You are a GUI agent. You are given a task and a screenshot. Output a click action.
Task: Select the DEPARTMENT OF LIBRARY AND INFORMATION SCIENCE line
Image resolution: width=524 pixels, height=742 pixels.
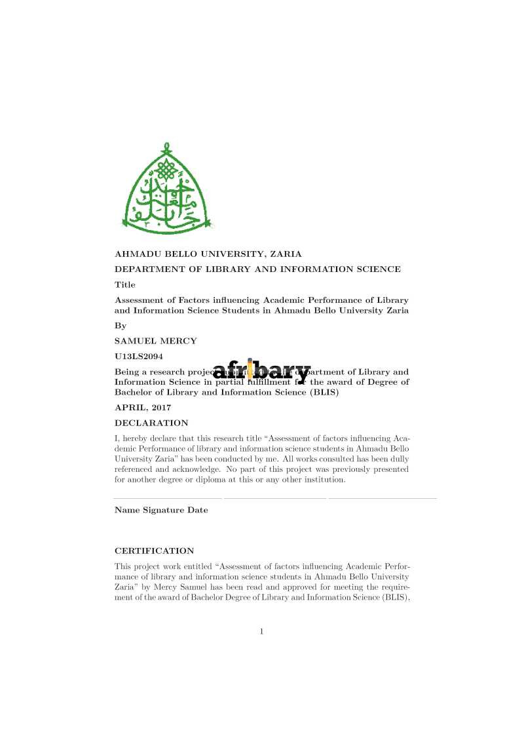pos(257,269)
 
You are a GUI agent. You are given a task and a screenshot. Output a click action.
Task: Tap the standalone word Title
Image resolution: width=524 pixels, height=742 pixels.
pos(125,285)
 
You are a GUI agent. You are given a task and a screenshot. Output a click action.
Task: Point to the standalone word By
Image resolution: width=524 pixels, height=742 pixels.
pos(121,325)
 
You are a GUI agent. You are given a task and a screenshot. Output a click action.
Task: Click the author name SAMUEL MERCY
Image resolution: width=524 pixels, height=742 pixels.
pos(155,341)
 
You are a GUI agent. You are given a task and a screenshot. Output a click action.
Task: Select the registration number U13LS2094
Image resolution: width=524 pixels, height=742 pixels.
pos(139,357)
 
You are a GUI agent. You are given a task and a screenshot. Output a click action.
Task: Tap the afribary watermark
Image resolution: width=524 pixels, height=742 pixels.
pos(261,372)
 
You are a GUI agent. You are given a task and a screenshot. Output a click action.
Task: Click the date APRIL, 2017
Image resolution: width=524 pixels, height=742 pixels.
pos(143,408)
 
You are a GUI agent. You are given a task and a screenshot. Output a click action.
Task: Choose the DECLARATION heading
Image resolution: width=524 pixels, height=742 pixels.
pos(151,423)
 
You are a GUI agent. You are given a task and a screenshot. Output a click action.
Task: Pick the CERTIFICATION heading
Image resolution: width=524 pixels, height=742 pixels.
pos(155,551)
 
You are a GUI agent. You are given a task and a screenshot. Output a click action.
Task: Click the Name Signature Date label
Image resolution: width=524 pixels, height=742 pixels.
pos(161,510)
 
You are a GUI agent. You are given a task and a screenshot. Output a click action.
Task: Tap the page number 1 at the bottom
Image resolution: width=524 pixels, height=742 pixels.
pos(261,632)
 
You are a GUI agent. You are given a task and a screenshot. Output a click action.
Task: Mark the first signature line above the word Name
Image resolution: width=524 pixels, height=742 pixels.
pos(168,499)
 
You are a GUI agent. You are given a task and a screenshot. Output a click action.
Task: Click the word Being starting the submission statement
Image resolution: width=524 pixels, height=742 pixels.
pos(128,372)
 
